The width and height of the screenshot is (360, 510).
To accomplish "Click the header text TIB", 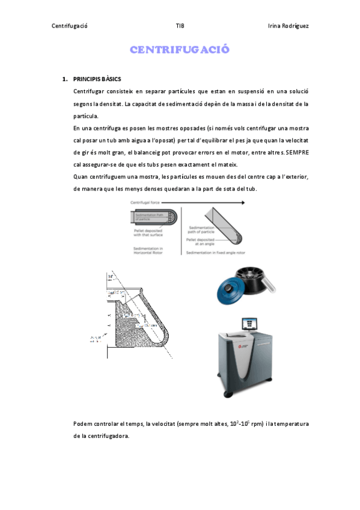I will click(180, 26).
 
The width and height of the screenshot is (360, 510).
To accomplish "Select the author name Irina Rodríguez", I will click(288, 26).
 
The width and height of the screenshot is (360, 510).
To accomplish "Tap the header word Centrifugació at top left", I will click(70, 26).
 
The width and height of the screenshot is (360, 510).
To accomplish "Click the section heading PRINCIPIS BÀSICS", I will click(97, 79).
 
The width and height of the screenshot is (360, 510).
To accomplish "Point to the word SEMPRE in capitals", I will click(297, 153).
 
